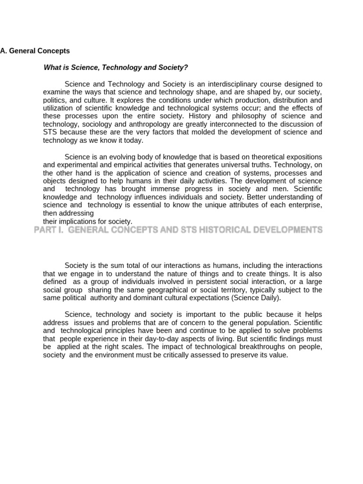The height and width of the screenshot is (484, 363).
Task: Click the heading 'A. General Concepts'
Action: click(x=35, y=51)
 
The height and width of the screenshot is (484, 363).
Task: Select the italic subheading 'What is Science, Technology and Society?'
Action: click(x=115, y=68)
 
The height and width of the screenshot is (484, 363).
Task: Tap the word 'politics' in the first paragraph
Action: click(x=55, y=100)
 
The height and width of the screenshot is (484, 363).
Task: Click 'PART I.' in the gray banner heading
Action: click(x=48, y=230)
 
